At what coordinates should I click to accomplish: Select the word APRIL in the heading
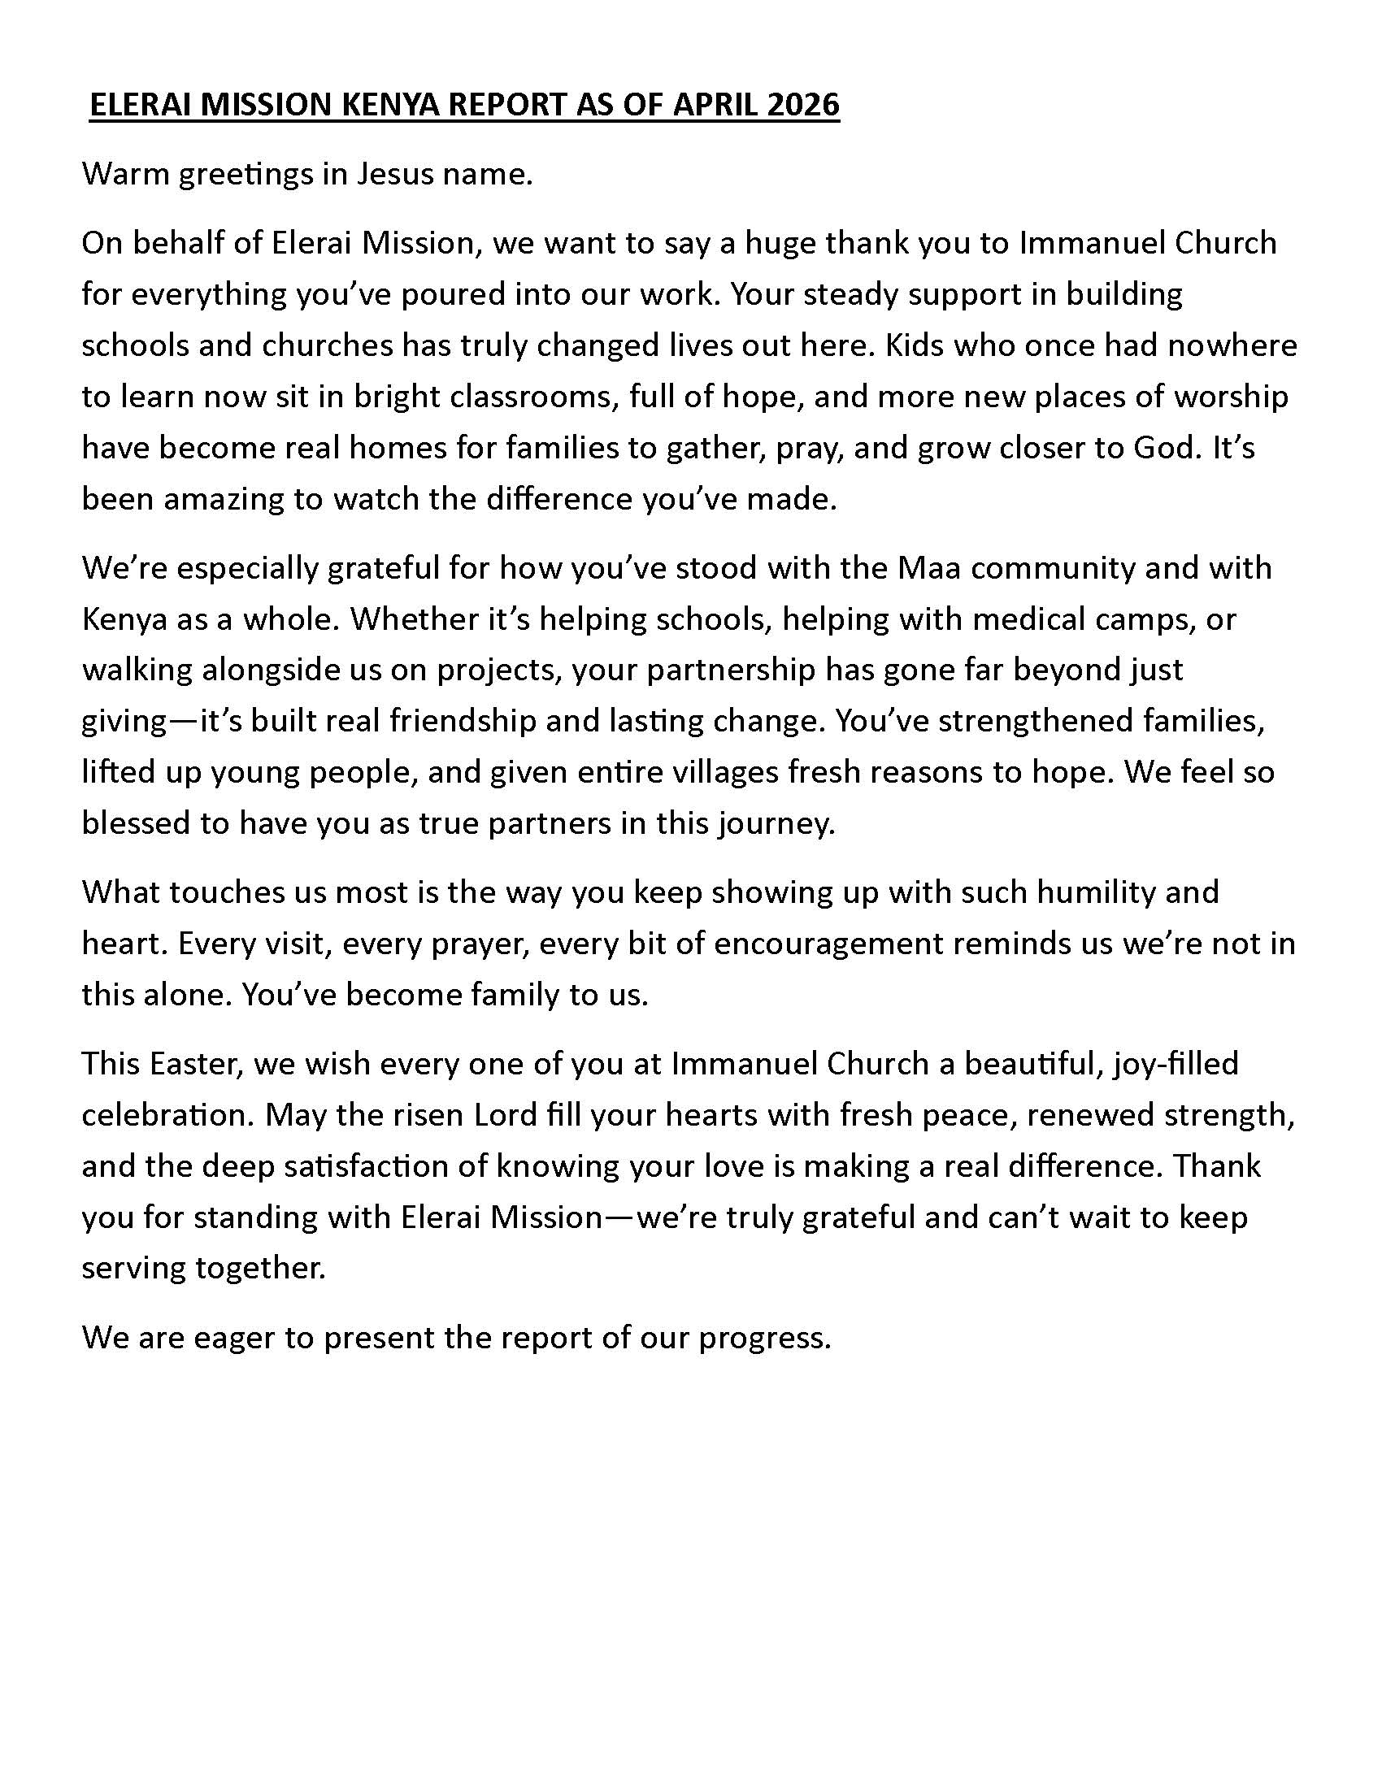pos(718,106)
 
